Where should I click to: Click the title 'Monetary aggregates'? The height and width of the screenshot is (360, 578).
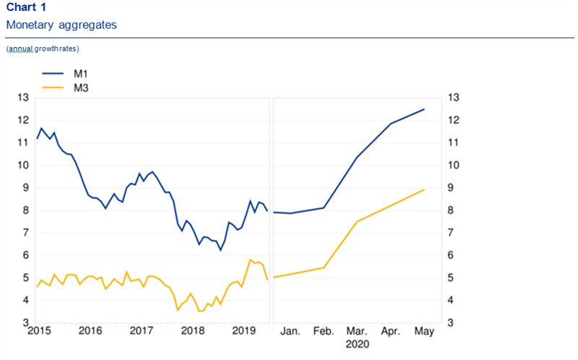tap(61, 25)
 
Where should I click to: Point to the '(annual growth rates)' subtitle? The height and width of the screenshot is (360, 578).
tap(43, 48)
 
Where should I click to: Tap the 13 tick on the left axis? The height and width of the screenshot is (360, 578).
tap(22, 98)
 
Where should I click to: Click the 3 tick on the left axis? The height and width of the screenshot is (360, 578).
tap(25, 323)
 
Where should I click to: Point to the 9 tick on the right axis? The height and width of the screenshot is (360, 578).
tap(454, 188)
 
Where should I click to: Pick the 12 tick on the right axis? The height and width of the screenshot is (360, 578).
tap(454, 120)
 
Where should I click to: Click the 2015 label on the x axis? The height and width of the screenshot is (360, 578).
tap(38, 331)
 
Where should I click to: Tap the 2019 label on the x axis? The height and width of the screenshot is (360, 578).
tap(245, 331)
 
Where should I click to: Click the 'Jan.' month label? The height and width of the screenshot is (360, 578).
tap(290, 331)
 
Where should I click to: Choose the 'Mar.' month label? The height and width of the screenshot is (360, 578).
tap(358, 331)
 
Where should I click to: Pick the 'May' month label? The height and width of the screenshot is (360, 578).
tap(424, 331)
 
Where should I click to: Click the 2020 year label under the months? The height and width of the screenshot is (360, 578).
tap(358, 345)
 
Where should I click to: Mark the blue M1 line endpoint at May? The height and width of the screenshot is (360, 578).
tap(424, 109)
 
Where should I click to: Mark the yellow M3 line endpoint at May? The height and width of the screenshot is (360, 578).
tap(424, 189)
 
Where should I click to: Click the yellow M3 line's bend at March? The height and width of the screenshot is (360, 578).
tap(357, 221)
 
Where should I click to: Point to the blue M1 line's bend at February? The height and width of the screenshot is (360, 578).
tap(324, 208)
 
